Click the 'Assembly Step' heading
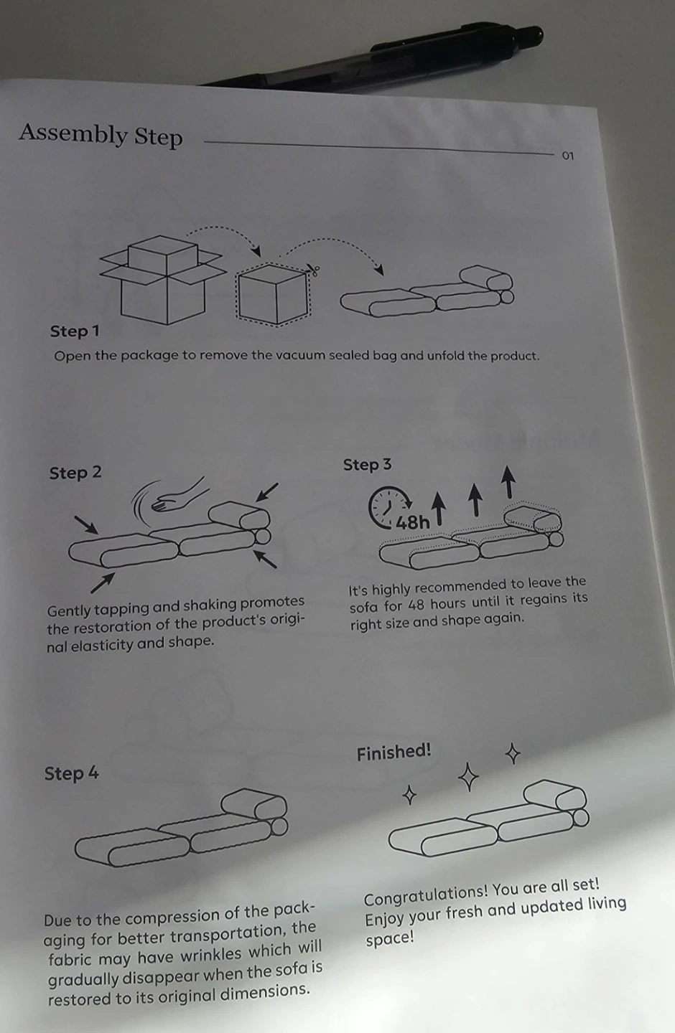[x=101, y=134]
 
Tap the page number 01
[x=568, y=156]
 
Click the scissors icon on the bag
[x=313, y=270]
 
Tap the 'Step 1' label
[x=75, y=331]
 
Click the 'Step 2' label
[x=75, y=473]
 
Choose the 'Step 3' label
[x=367, y=465]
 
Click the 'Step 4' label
[x=71, y=773]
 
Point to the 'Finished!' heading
[x=394, y=752]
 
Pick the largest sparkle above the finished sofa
[x=468, y=777]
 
